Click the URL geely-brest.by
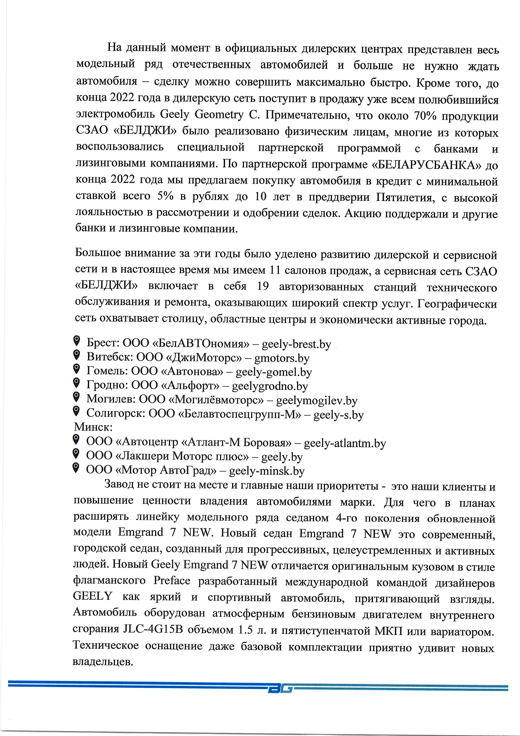[296, 344]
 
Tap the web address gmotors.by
[282, 358]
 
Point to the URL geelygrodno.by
[270, 386]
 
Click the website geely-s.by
[338, 415]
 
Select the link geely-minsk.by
[266, 471]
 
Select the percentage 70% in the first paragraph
[425, 116]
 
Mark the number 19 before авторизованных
[263, 286]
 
